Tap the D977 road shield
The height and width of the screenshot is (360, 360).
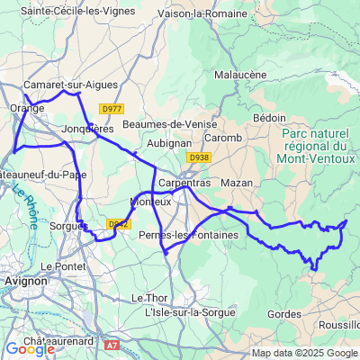point(112,109)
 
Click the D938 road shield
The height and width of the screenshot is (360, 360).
point(199,157)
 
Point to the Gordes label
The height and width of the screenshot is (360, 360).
point(284,313)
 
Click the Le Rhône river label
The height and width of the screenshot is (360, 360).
point(24,205)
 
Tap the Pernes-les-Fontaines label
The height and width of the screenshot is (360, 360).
point(189,235)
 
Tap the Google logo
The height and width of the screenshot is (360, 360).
point(30,349)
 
